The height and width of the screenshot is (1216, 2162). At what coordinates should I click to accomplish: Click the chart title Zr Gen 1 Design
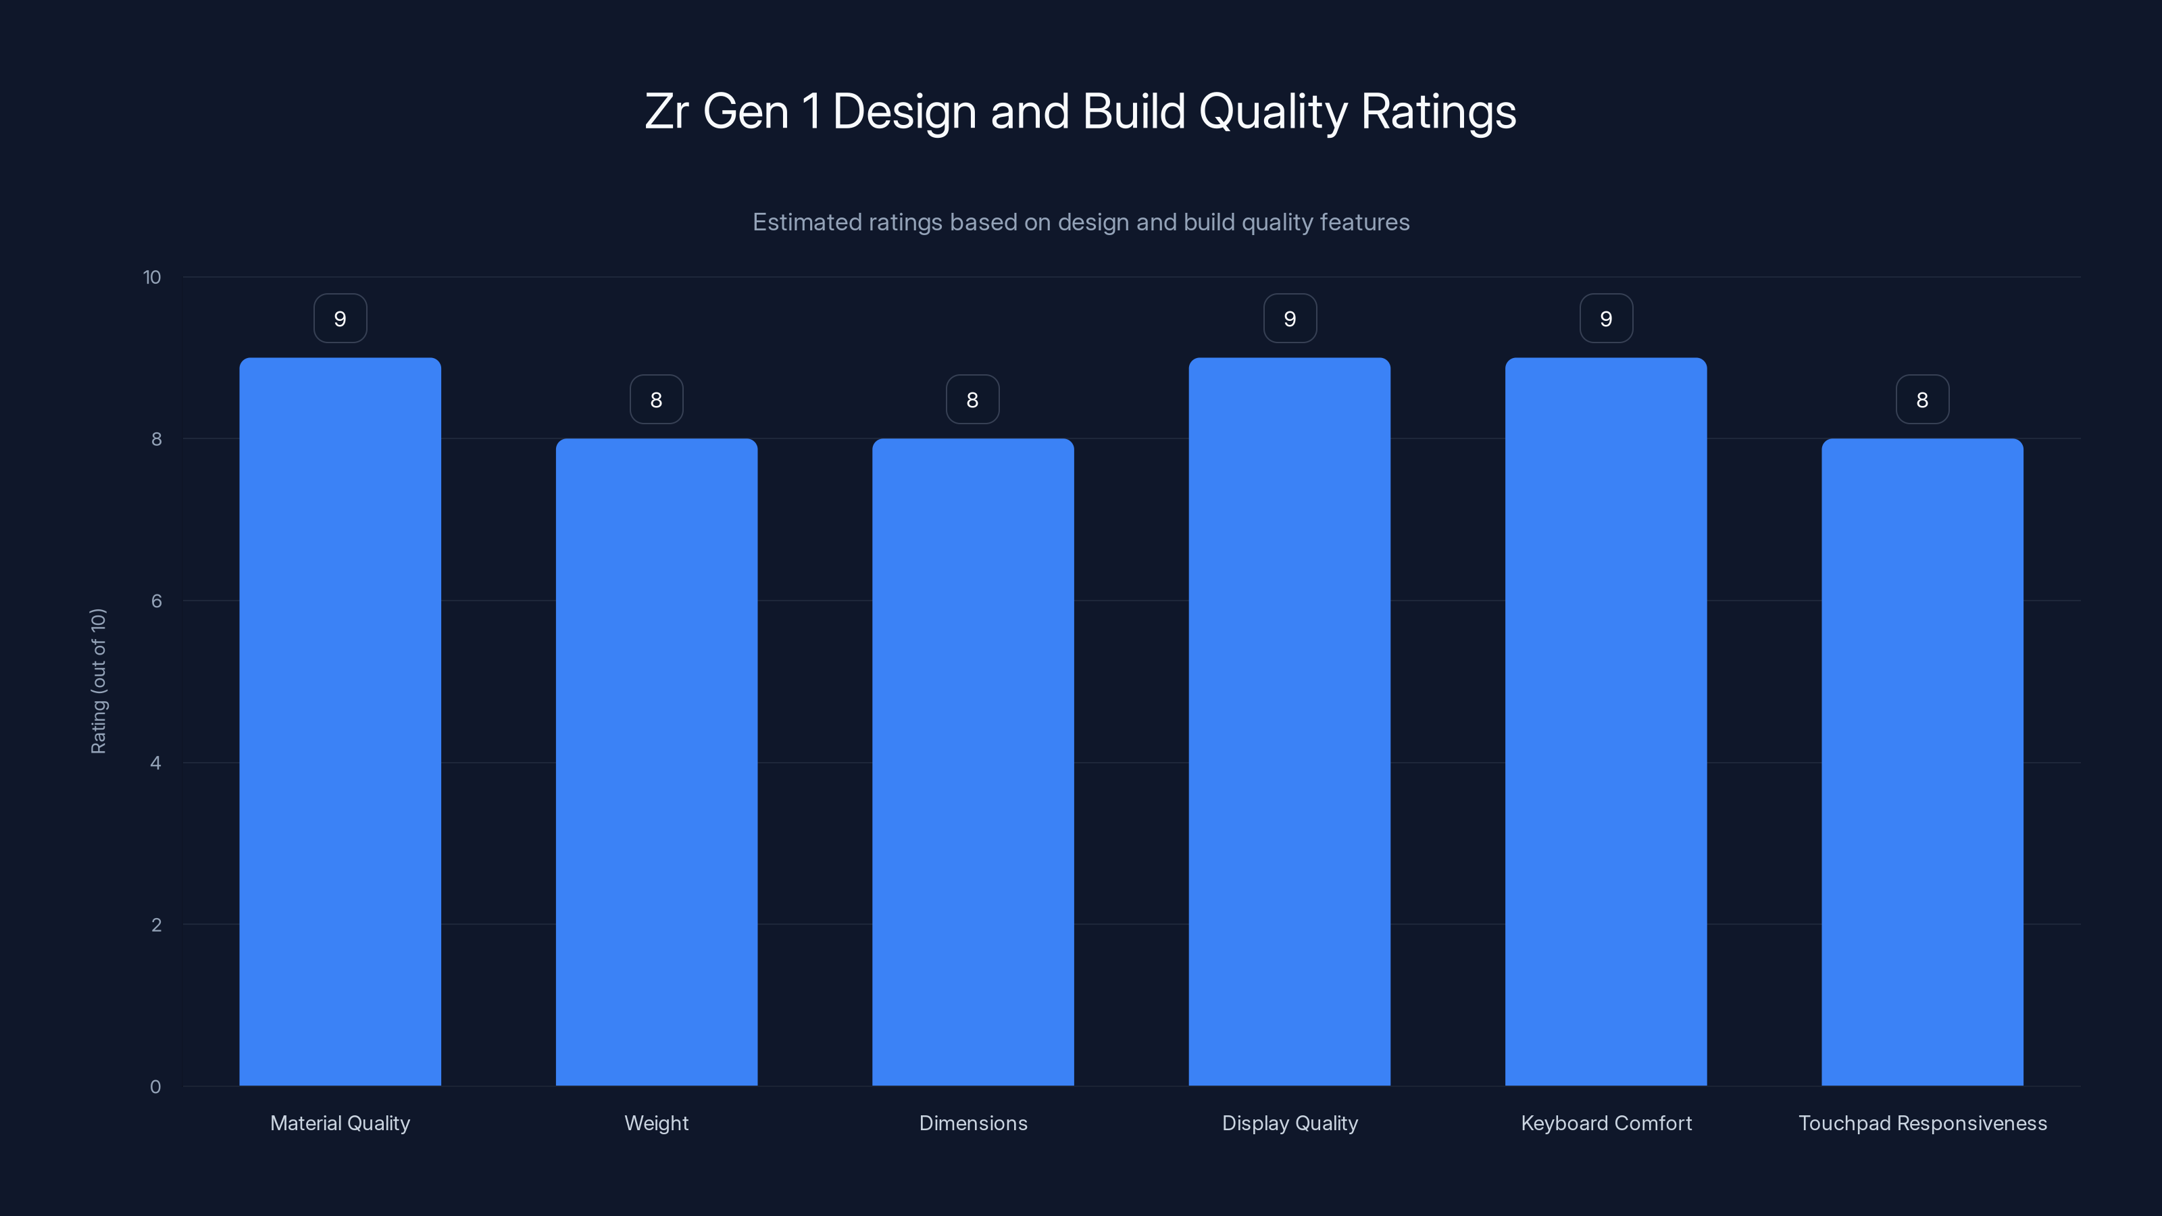pyautogui.click(x=1080, y=111)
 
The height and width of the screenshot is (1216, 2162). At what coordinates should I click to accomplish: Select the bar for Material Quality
pyautogui.click(x=340, y=721)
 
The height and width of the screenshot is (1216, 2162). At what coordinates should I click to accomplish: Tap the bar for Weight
pyautogui.click(x=656, y=762)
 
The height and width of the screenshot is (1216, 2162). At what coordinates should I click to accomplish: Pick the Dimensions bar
pyautogui.click(x=973, y=762)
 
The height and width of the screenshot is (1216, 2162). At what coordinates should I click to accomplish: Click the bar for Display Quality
pyautogui.click(x=1289, y=721)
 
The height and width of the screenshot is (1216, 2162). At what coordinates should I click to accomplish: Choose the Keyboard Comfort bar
pyautogui.click(x=1605, y=721)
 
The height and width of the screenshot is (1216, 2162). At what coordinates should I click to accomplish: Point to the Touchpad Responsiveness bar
pyautogui.click(x=1922, y=762)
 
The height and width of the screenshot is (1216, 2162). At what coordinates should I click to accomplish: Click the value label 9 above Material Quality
pyautogui.click(x=340, y=319)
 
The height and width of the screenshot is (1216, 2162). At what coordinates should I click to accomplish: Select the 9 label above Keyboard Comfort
pyautogui.click(x=1605, y=319)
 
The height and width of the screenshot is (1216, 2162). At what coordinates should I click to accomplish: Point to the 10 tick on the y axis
pyautogui.click(x=152, y=278)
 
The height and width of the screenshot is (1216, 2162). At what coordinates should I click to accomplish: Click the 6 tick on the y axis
pyautogui.click(x=156, y=601)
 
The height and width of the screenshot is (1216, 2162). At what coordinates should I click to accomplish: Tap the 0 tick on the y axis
pyautogui.click(x=155, y=1087)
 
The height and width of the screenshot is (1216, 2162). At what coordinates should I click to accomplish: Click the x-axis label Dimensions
pyautogui.click(x=973, y=1123)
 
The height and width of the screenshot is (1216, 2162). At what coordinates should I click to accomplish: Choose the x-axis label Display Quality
pyautogui.click(x=1289, y=1123)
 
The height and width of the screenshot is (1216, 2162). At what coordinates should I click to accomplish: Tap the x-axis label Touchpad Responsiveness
pyautogui.click(x=1922, y=1123)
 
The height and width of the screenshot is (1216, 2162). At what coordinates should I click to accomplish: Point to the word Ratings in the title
pyautogui.click(x=1438, y=111)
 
